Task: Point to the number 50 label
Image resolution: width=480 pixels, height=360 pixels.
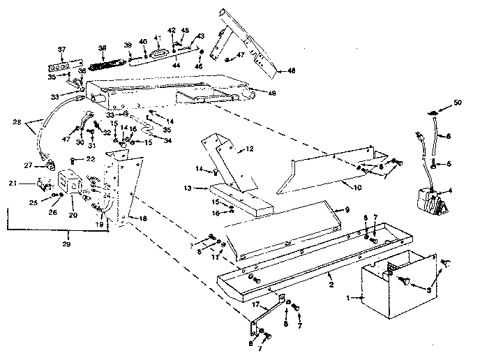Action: coord(457,103)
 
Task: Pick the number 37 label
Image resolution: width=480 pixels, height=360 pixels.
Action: coord(61,49)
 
